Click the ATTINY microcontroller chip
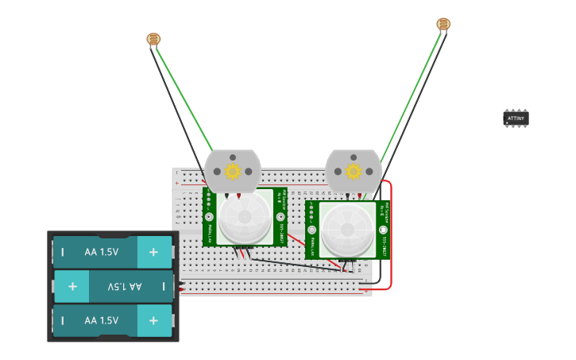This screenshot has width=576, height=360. [x=516, y=118]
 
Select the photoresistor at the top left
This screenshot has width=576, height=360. [x=153, y=39]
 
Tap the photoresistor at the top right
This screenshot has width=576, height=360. [x=443, y=24]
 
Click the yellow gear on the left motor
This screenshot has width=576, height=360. [x=233, y=171]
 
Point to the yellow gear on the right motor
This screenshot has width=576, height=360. [x=354, y=171]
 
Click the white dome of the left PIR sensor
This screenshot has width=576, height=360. [x=244, y=218]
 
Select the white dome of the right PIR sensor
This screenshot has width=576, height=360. [x=347, y=230]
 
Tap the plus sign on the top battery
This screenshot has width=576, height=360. [x=153, y=253]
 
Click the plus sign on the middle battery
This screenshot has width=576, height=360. [x=72, y=286]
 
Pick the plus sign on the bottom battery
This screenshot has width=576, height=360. [x=153, y=320]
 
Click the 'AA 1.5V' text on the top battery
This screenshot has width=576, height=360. [x=102, y=253]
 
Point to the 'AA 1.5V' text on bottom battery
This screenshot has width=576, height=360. [x=102, y=320]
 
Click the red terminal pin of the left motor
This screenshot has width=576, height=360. [x=239, y=195]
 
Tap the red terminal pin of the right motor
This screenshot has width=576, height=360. [x=360, y=195]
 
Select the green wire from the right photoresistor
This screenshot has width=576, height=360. [x=411, y=91]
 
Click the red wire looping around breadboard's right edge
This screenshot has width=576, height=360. [x=391, y=238]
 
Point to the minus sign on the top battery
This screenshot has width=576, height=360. [x=63, y=253]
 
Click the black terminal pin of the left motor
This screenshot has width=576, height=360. [x=226, y=195]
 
